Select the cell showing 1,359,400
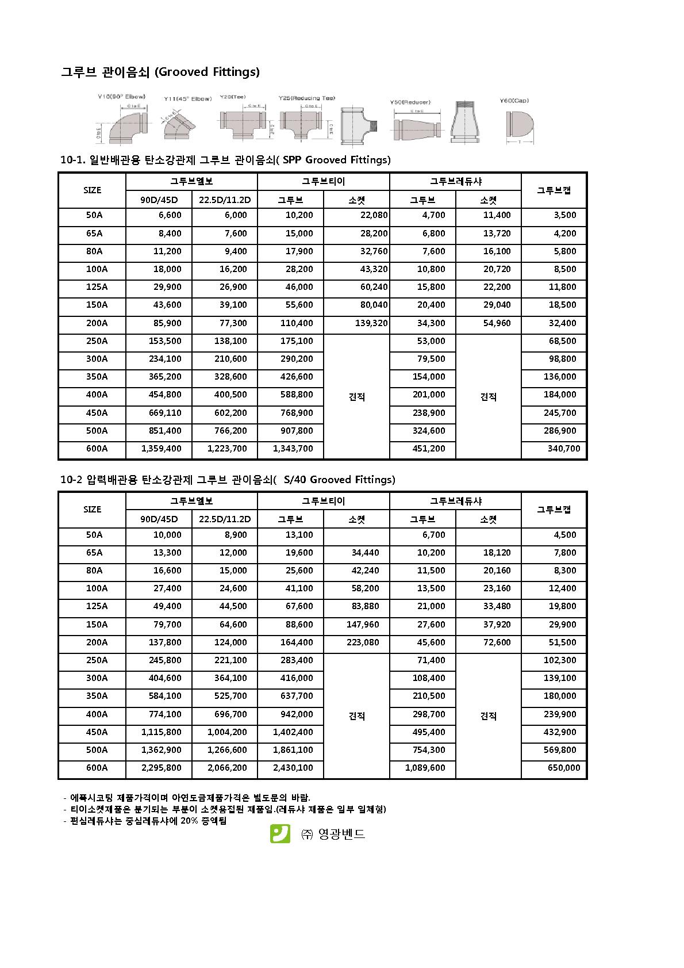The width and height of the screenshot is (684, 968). pos(161,449)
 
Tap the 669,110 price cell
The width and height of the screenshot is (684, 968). pos(165,413)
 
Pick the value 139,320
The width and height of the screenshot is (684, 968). pos(371,323)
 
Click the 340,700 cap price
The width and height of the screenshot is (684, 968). pos(563,449)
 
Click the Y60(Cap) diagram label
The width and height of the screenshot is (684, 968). pos(514,101)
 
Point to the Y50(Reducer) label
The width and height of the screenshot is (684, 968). pos(410,102)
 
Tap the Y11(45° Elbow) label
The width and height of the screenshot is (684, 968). pos(187,99)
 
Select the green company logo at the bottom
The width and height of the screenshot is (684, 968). pos(280,833)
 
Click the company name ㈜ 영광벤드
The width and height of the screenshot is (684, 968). pos(333,834)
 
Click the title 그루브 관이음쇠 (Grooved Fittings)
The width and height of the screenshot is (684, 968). pos(160,72)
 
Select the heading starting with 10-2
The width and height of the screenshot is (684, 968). pos(228,480)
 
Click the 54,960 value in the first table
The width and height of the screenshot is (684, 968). pos(497,323)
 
